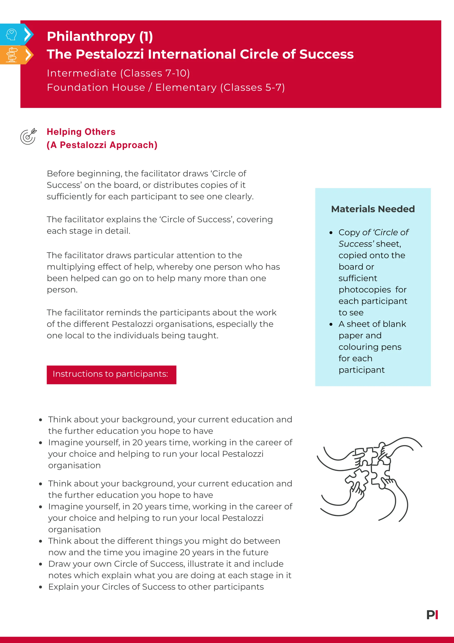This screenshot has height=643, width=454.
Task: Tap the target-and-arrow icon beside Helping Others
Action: [28, 136]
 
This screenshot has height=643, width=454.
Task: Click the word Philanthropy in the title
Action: [91, 37]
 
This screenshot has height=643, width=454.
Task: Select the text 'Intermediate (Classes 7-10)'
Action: [118, 73]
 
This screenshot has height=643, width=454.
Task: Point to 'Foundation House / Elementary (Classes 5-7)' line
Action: [166, 87]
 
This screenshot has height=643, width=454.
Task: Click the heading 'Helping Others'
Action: [81, 132]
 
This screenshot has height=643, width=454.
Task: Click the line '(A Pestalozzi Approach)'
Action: [102, 145]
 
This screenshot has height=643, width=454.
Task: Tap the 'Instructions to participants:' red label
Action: [111, 374]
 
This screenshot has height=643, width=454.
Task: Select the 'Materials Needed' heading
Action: [373, 209]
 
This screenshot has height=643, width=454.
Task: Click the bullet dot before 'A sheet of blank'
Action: [331, 325]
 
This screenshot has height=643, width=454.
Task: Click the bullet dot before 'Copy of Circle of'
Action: [331, 233]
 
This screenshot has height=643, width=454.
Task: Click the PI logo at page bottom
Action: [432, 615]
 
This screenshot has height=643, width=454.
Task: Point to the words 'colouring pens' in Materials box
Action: [370, 347]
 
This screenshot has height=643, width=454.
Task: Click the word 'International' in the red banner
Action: [192, 54]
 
